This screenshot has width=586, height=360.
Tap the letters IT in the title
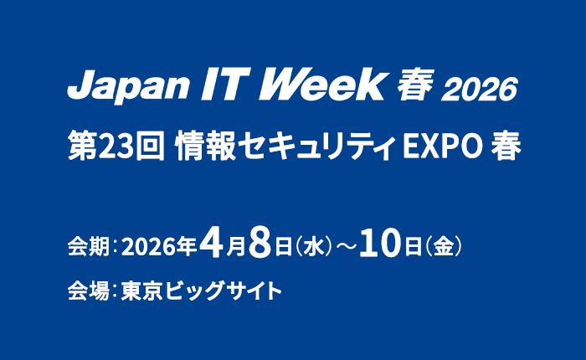point(210,85)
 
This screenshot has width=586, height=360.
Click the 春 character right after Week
point(413,86)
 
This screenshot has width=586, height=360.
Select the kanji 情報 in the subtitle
point(201,147)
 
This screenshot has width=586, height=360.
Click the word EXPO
point(442,148)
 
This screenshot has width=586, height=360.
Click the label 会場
point(85,292)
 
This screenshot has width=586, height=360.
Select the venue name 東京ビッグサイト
point(201,292)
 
